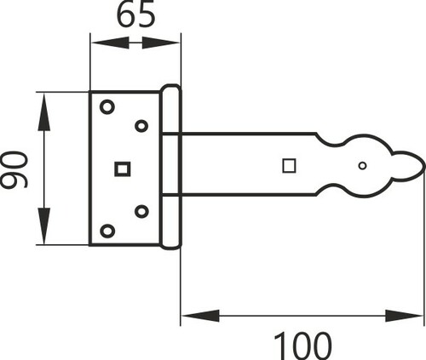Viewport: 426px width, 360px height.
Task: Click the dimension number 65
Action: (x=136, y=14)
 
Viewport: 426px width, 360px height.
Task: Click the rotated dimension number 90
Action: (x=14, y=169)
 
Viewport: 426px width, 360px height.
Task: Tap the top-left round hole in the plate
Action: (x=107, y=107)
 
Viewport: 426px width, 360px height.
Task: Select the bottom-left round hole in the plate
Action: (x=107, y=231)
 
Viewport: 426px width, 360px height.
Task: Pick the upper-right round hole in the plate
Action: (x=141, y=126)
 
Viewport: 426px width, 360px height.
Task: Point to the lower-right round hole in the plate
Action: (x=141, y=211)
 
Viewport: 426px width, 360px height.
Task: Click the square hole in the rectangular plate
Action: (x=123, y=169)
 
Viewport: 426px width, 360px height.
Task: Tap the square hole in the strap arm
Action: (x=289, y=166)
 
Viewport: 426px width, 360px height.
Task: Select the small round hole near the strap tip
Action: (x=362, y=166)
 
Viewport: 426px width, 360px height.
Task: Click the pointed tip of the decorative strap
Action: (x=425, y=166)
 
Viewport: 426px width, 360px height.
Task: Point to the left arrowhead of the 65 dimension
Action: (x=110, y=43)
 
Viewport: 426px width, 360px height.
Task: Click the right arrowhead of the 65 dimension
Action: (x=160, y=43)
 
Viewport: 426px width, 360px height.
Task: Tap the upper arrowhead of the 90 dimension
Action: (x=44, y=112)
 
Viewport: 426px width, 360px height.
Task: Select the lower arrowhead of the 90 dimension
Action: (x=44, y=226)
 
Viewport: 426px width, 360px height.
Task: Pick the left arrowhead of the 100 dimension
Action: (x=200, y=316)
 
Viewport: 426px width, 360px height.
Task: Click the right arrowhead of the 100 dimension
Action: (x=405, y=316)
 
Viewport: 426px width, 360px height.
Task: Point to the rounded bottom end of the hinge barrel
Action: (x=170, y=248)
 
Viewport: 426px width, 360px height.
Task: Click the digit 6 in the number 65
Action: (x=126, y=14)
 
